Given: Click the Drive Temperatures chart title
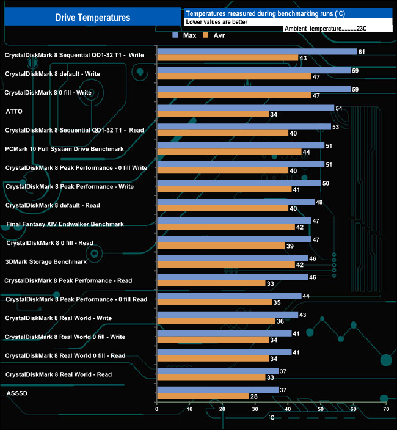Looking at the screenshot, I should pyautogui.click(x=93, y=18).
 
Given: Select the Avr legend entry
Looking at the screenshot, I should pyautogui.click(x=219, y=36).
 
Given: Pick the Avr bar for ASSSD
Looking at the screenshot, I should pyautogui.click(x=203, y=396).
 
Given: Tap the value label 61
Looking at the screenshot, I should pyautogui.click(x=362, y=52).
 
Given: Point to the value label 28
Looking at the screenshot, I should pyautogui.click(x=253, y=396).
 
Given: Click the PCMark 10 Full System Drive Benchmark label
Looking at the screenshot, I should pyautogui.click(x=64, y=149).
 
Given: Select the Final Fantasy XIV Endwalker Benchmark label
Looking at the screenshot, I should pyautogui.click(x=65, y=224).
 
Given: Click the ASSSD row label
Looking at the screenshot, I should pyautogui.click(x=16, y=393).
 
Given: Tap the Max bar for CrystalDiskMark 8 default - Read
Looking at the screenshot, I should pyautogui.click(x=235, y=202).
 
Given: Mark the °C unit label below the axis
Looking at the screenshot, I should pyautogui.click(x=272, y=417).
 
